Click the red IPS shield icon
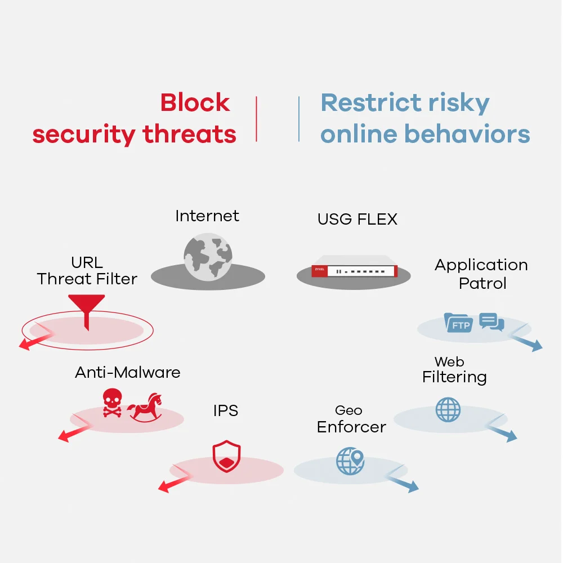226,457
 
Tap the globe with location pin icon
350,461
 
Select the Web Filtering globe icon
448,410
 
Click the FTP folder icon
458,323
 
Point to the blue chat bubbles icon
491,322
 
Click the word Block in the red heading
195,102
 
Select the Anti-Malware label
128,372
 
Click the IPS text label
225,411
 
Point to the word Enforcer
351,427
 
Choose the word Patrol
482,283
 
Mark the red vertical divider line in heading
257,118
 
